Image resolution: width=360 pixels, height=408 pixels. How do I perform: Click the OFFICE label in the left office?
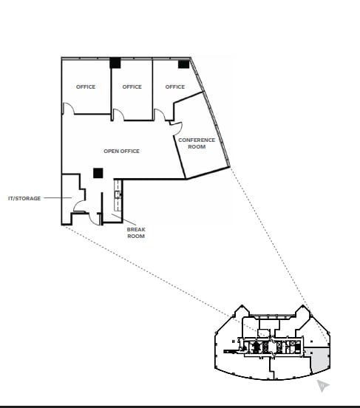click(86, 87)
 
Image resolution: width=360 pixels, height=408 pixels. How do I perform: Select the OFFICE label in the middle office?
click(132, 87)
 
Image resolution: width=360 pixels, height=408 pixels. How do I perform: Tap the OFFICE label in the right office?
click(175, 87)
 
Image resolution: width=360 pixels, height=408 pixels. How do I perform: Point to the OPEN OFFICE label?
click(121, 152)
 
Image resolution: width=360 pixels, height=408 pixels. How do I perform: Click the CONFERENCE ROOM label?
click(197, 143)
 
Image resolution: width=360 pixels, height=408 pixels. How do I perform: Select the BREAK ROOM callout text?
click(136, 233)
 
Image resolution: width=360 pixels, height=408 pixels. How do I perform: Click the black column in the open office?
click(98, 173)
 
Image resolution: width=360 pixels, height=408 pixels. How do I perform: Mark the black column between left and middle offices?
click(115, 63)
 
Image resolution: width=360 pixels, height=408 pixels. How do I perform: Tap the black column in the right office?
click(183, 64)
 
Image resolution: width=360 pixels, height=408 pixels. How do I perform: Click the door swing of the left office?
click(67, 109)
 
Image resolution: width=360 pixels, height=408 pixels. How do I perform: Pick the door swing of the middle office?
click(118, 115)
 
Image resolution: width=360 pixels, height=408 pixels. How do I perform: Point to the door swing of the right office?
click(160, 115)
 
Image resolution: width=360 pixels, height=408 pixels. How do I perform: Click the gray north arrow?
click(322, 385)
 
